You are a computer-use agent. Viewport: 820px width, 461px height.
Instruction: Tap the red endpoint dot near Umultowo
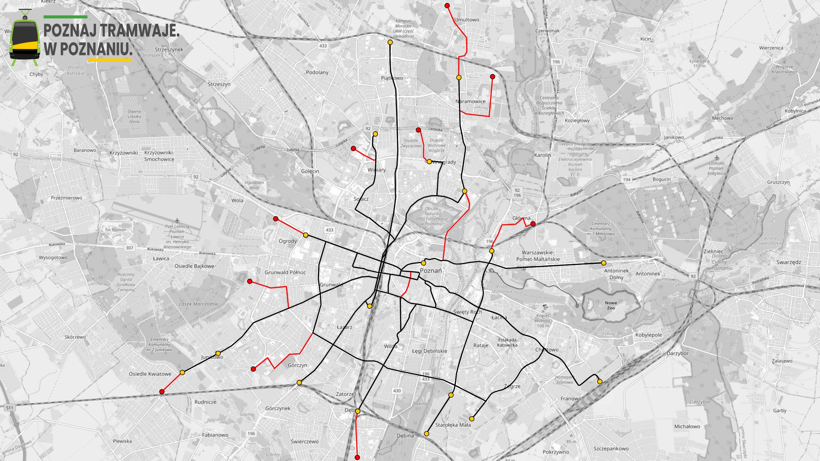447,6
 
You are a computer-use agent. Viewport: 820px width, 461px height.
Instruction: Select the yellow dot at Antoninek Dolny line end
604,263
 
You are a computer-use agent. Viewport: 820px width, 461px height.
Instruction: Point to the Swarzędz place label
789,262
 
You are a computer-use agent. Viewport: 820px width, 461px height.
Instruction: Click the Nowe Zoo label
611,305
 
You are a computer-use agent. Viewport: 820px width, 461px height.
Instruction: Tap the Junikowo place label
212,357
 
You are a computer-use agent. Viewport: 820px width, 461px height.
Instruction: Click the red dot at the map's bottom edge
357,457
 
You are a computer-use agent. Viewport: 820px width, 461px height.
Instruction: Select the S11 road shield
10,408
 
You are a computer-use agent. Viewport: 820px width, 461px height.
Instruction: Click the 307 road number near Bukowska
129,248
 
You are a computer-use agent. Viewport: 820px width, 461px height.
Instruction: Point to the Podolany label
317,72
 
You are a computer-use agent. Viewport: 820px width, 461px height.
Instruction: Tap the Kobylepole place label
648,335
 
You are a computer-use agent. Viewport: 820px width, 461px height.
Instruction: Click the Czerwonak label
547,31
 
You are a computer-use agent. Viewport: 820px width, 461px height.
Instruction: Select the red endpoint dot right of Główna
533,224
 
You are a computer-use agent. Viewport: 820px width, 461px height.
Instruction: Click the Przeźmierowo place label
67,198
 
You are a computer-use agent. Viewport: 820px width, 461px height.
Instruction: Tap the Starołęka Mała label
453,425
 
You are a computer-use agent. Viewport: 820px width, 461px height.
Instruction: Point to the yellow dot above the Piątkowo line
390,42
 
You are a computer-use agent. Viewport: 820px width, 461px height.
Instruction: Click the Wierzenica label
771,48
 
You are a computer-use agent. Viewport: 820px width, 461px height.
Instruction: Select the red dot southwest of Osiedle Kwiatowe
162,392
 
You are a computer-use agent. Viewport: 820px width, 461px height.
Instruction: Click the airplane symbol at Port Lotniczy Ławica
177,221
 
